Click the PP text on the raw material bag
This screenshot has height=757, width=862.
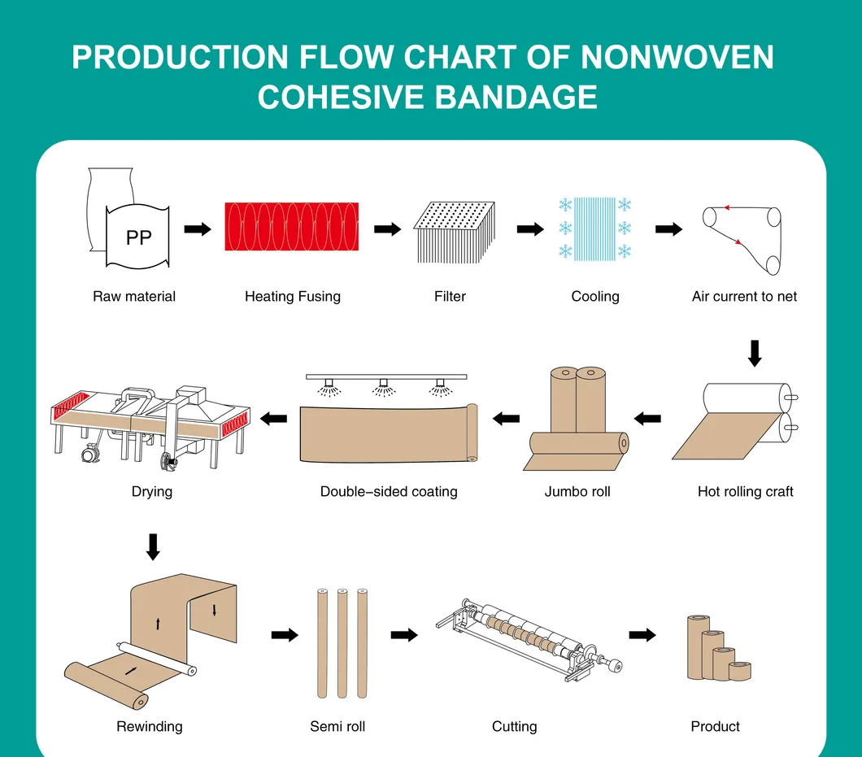pos(139,237)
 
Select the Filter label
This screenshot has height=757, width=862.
pos(450,297)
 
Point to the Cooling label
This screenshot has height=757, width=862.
pos(595,297)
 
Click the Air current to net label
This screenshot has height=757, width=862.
pos(744,297)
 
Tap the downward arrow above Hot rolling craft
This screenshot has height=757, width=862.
pos(755,352)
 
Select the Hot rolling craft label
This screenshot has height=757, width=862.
pos(745,492)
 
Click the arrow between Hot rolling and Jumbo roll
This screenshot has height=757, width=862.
pos(647,419)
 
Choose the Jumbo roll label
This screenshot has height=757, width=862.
pos(577,492)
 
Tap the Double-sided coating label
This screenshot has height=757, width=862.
pos(389,492)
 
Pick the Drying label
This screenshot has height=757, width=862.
pos(152,492)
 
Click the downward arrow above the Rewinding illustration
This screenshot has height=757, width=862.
pos(153,546)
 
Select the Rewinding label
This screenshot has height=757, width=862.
pos(150,727)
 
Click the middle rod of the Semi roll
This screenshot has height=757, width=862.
pos(342,642)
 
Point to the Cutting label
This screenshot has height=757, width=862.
pos(515,727)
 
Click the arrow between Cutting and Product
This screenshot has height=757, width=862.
pos(642,635)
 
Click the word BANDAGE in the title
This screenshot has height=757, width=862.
pos(516,97)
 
